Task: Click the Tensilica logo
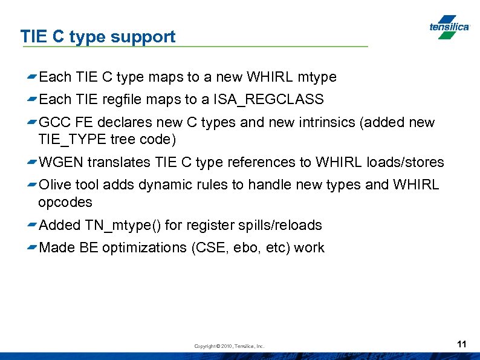tap(449, 27)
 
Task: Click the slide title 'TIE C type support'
tap(98, 36)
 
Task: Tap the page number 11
tap(462, 344)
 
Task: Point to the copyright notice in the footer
tap(229, 346)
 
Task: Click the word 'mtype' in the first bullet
tap(317, 77)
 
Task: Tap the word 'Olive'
tap(55, 185)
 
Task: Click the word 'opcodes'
tap(65, 201)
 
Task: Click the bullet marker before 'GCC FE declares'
tap(31, 123)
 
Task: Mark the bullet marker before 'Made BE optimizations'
tap(31, 248)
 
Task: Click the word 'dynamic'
tap(163, 185)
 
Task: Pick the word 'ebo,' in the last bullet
tap(245, 247)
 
